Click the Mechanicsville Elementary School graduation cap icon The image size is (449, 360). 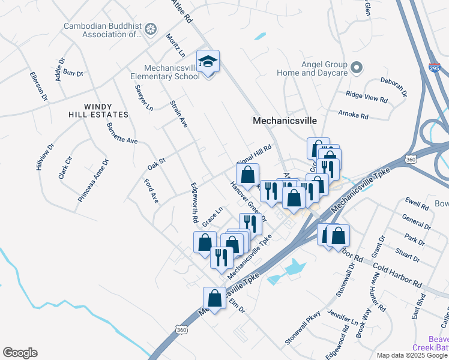pos(208,62)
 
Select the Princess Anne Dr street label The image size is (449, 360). pos(94,180)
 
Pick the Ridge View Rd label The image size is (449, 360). pos(367,96)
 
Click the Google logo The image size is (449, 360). pos(20,353)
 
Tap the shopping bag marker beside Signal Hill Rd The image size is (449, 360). pos(247,176)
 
